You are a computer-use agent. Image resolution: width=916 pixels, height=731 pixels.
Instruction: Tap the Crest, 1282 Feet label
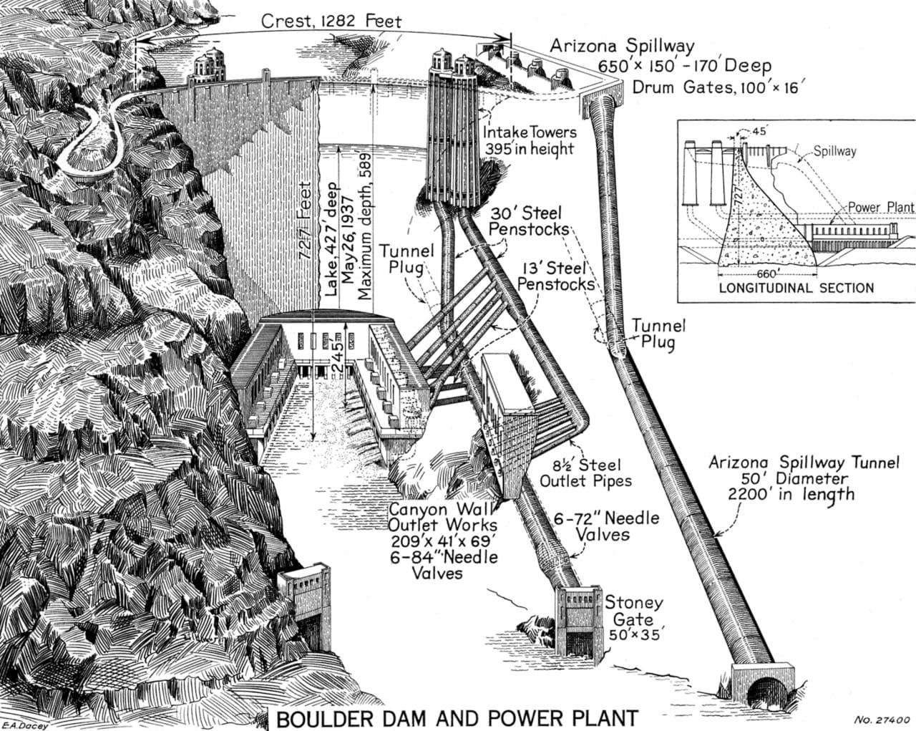coord(331,21)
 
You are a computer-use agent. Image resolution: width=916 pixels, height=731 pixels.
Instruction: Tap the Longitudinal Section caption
coord(796,288)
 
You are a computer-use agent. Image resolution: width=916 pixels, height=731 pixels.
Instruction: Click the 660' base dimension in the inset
coord(767,273)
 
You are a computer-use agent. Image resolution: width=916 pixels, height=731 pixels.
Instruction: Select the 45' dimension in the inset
coord(758,132)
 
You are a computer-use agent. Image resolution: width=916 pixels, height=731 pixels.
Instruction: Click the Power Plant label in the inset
coord(881,207)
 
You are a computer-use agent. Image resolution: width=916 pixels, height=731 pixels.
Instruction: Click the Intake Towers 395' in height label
coord(530,140)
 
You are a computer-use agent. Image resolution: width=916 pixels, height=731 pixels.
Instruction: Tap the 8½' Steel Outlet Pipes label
coord(585,473)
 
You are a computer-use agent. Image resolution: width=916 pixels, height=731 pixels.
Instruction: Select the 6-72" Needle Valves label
coord(606,526)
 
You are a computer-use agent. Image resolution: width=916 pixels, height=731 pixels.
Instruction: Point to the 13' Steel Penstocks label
coord(556,276)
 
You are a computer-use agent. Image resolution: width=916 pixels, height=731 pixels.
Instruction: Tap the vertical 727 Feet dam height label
coord(305,221)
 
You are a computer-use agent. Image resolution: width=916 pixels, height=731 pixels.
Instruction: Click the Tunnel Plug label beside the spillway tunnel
coord(658,333)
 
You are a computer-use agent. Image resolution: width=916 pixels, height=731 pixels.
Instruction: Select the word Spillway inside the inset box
coord(834,151)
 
